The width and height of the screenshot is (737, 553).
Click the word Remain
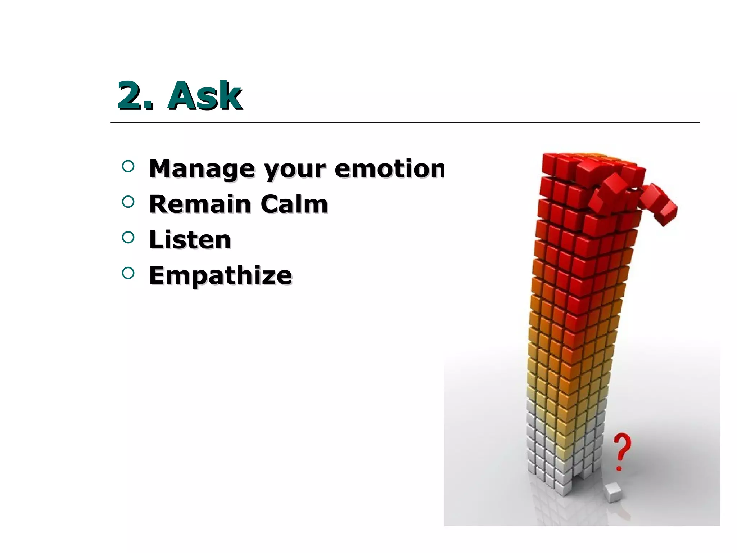pyautogui.click(x=200, y=204)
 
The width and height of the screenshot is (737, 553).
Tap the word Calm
pyautogui.click(x=294, y=204)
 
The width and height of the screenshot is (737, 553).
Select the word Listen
pyautogui.click(x=190, y=240)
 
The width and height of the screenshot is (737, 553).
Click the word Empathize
pyautogui.click(x=220, y=275)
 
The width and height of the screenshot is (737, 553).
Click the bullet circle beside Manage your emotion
pyautogui.click(x=128, y=166)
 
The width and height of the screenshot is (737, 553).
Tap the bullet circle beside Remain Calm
pyautogui.click(x=128, y=202)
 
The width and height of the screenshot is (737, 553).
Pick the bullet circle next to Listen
pyautogui.click(x=128, y=237)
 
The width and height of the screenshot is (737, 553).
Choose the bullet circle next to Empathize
pyautogui.click(x=128, y=273)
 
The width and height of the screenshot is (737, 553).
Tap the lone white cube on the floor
pyautogui.click(x=614, y=493)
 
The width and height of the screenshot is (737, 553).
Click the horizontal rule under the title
pyautogui.click(x=405, y=123)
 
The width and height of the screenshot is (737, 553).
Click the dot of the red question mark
pyautogui.click(x=619, y=468)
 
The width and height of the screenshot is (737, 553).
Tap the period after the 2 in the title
pyautogui.click(x=149, y=106)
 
